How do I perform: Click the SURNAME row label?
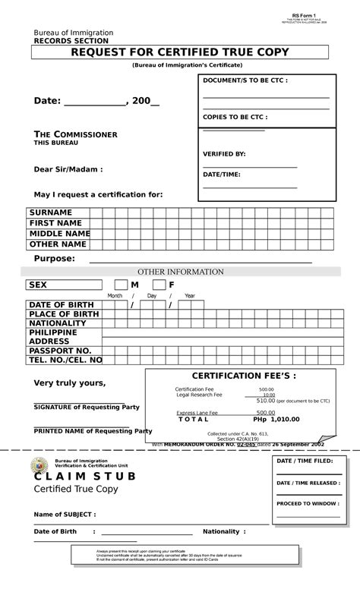tap(51, 212)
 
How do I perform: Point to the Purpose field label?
tap(54, 259)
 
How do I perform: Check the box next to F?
tap(158, 285)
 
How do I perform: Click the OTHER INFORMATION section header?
tap(180, 272)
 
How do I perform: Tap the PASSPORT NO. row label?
tap(60, 351)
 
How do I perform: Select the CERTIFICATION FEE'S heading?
tap(244, 376)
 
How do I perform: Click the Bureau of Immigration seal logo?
tap(39, 466)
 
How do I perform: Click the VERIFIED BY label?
tap(224, 154)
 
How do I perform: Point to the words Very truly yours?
tap(69, 383)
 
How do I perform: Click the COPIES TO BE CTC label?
tap(235, 118)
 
